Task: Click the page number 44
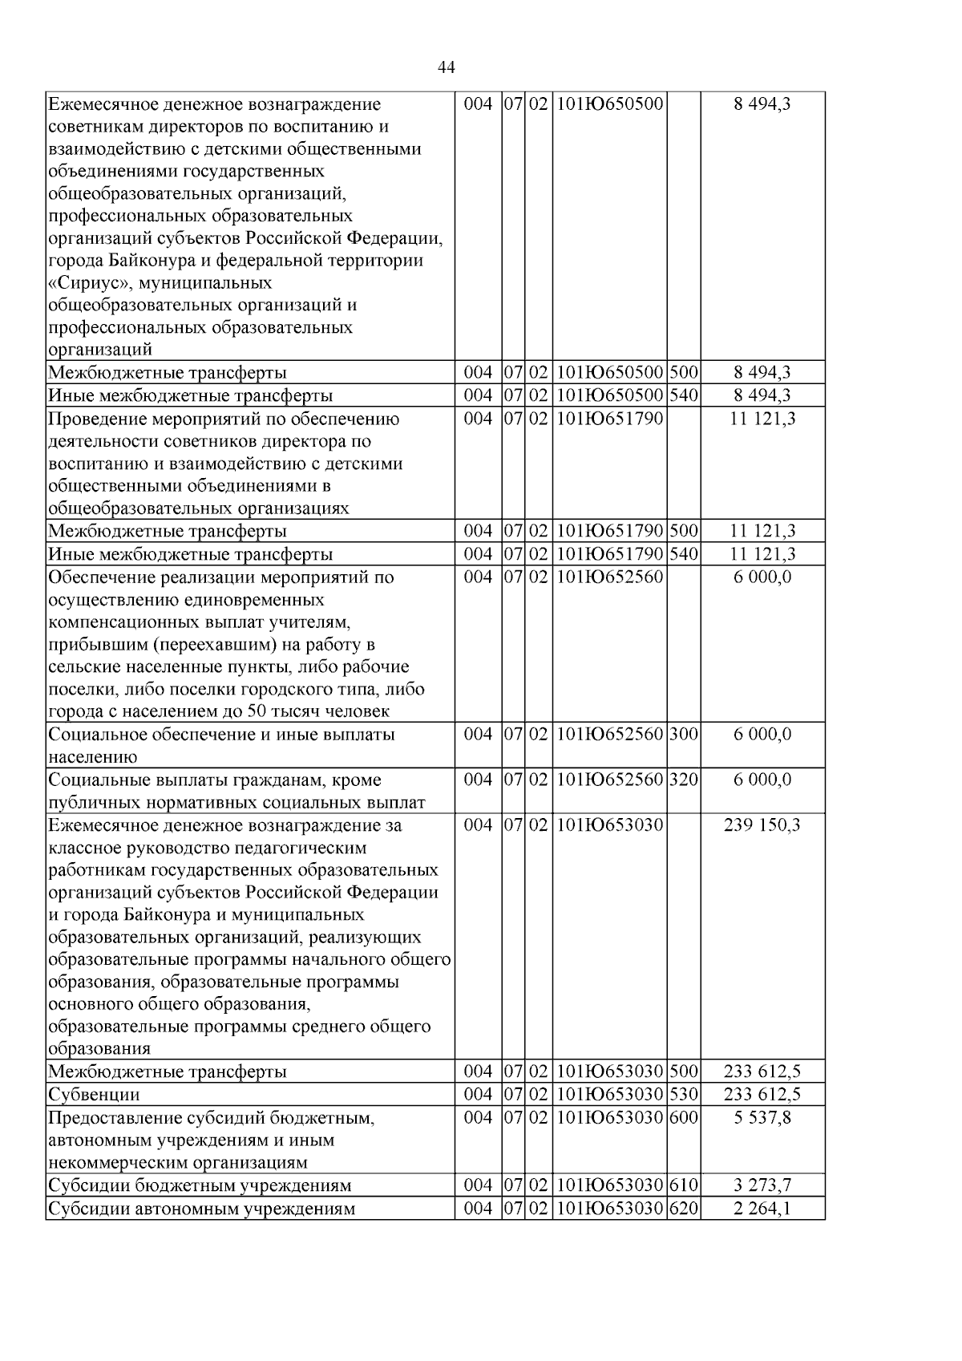pyautogui.click(x=447, y=68)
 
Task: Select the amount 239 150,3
pyautogui.click(x=762, y=825)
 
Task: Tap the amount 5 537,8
pyautogui.click(x=762, y=1117)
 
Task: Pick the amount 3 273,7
pyautogui.click(x=762, y=1185)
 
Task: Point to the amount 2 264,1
pyautogui.click(x=762, y=1209)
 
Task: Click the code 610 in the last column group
pyautogui.click(x=683, y=1185)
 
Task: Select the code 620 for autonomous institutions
pyautogui.click(x=683, y=1209)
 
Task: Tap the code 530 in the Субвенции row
pyautogui.click(x=683, y=1095)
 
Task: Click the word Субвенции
pyautogui.click(x=94, y=1095)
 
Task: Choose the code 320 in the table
pyautogui.click(x=683, y=780)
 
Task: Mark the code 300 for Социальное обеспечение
pyautogui.click(x=683, y=735)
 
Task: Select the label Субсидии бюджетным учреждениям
pyautogui.click(x=200, y=1185)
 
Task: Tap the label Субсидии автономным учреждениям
pyautogui.click(x=201, y=1209)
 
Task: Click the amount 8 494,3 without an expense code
pyautogui.click(x=762, y=104)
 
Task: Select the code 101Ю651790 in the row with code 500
pyautogui.click(x=609, y=531)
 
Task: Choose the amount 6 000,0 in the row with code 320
pyautogui.click(x=762, y=780)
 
